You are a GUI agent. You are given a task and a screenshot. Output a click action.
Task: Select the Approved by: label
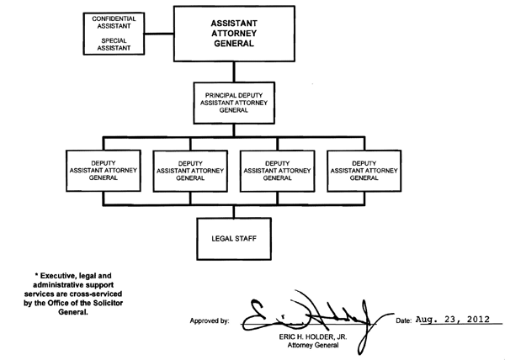click(210, 321)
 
